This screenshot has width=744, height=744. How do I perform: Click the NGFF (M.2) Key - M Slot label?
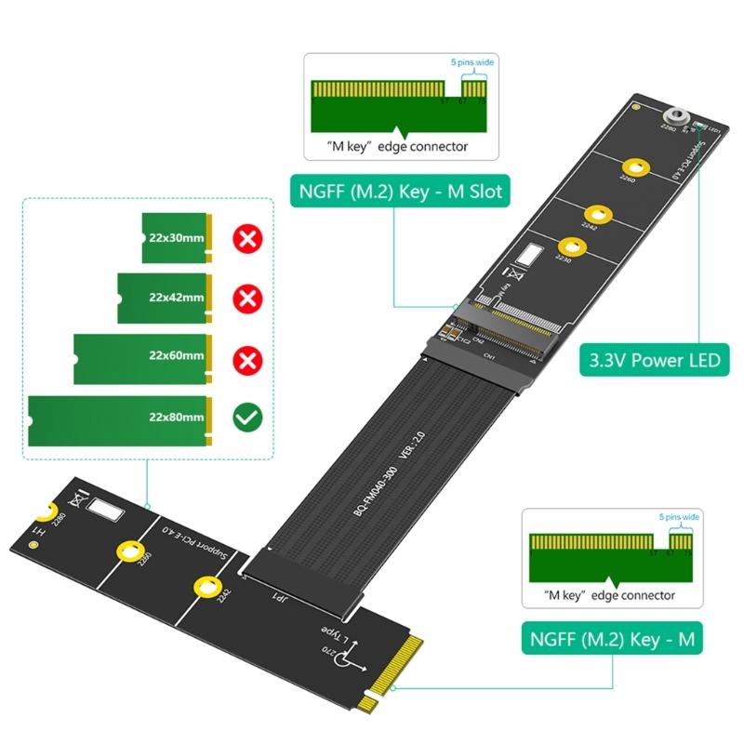pos(400,193)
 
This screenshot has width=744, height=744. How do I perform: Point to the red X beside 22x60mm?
pos(247,356)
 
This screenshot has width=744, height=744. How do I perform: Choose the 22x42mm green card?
pos(166,297)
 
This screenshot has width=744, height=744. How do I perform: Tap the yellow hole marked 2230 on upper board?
pos(570,248)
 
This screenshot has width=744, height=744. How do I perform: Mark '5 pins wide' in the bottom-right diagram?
pos(679,517)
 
